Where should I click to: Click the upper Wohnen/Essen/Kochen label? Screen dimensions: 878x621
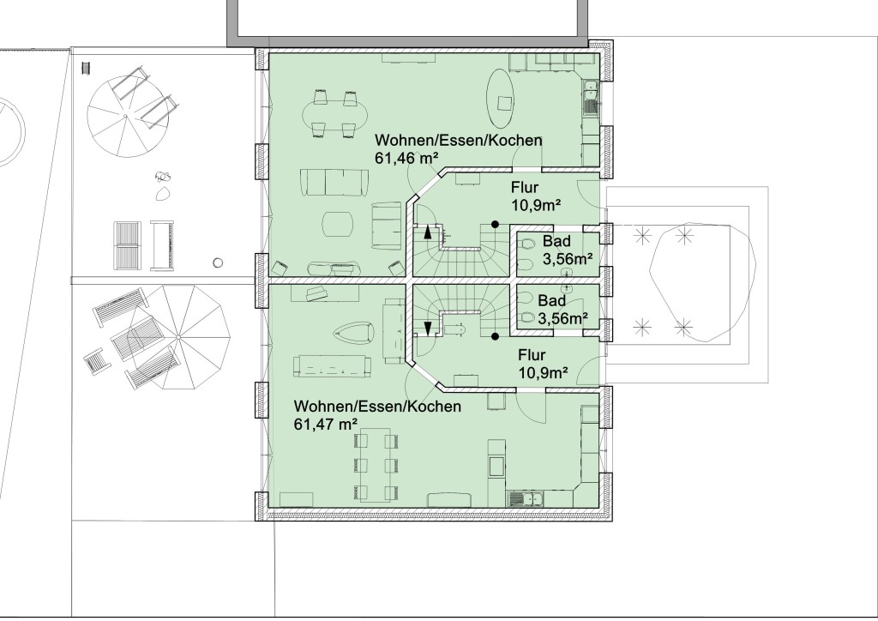(459, 140)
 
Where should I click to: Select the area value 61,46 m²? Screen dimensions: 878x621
(406, 159)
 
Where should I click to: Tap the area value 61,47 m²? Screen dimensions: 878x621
(326, 425)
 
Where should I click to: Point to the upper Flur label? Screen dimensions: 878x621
(525, 187)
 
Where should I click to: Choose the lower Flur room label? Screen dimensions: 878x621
(532, 355)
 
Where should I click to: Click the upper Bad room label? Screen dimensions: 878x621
(556, 241)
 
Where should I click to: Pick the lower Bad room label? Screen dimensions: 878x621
(551, 301)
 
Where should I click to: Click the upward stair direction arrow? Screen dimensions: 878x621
(429, 232)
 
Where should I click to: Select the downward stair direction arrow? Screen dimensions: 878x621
(429, 329)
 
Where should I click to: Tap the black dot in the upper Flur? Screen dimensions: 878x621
(495, 224)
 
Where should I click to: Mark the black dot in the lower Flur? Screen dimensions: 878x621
(495, 336)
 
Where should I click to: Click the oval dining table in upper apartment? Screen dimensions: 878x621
(335, 116)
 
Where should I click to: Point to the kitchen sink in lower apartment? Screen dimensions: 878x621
(526, 498)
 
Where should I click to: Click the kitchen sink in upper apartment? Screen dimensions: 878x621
(590, 99)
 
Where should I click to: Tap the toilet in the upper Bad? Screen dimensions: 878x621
(526, 244)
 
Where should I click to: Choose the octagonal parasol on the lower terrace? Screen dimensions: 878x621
(179, 337)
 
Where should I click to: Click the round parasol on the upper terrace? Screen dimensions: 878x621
(125, 117)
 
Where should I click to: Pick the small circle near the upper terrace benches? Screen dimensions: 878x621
(219, 262)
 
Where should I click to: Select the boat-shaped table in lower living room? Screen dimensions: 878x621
(354, 333)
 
